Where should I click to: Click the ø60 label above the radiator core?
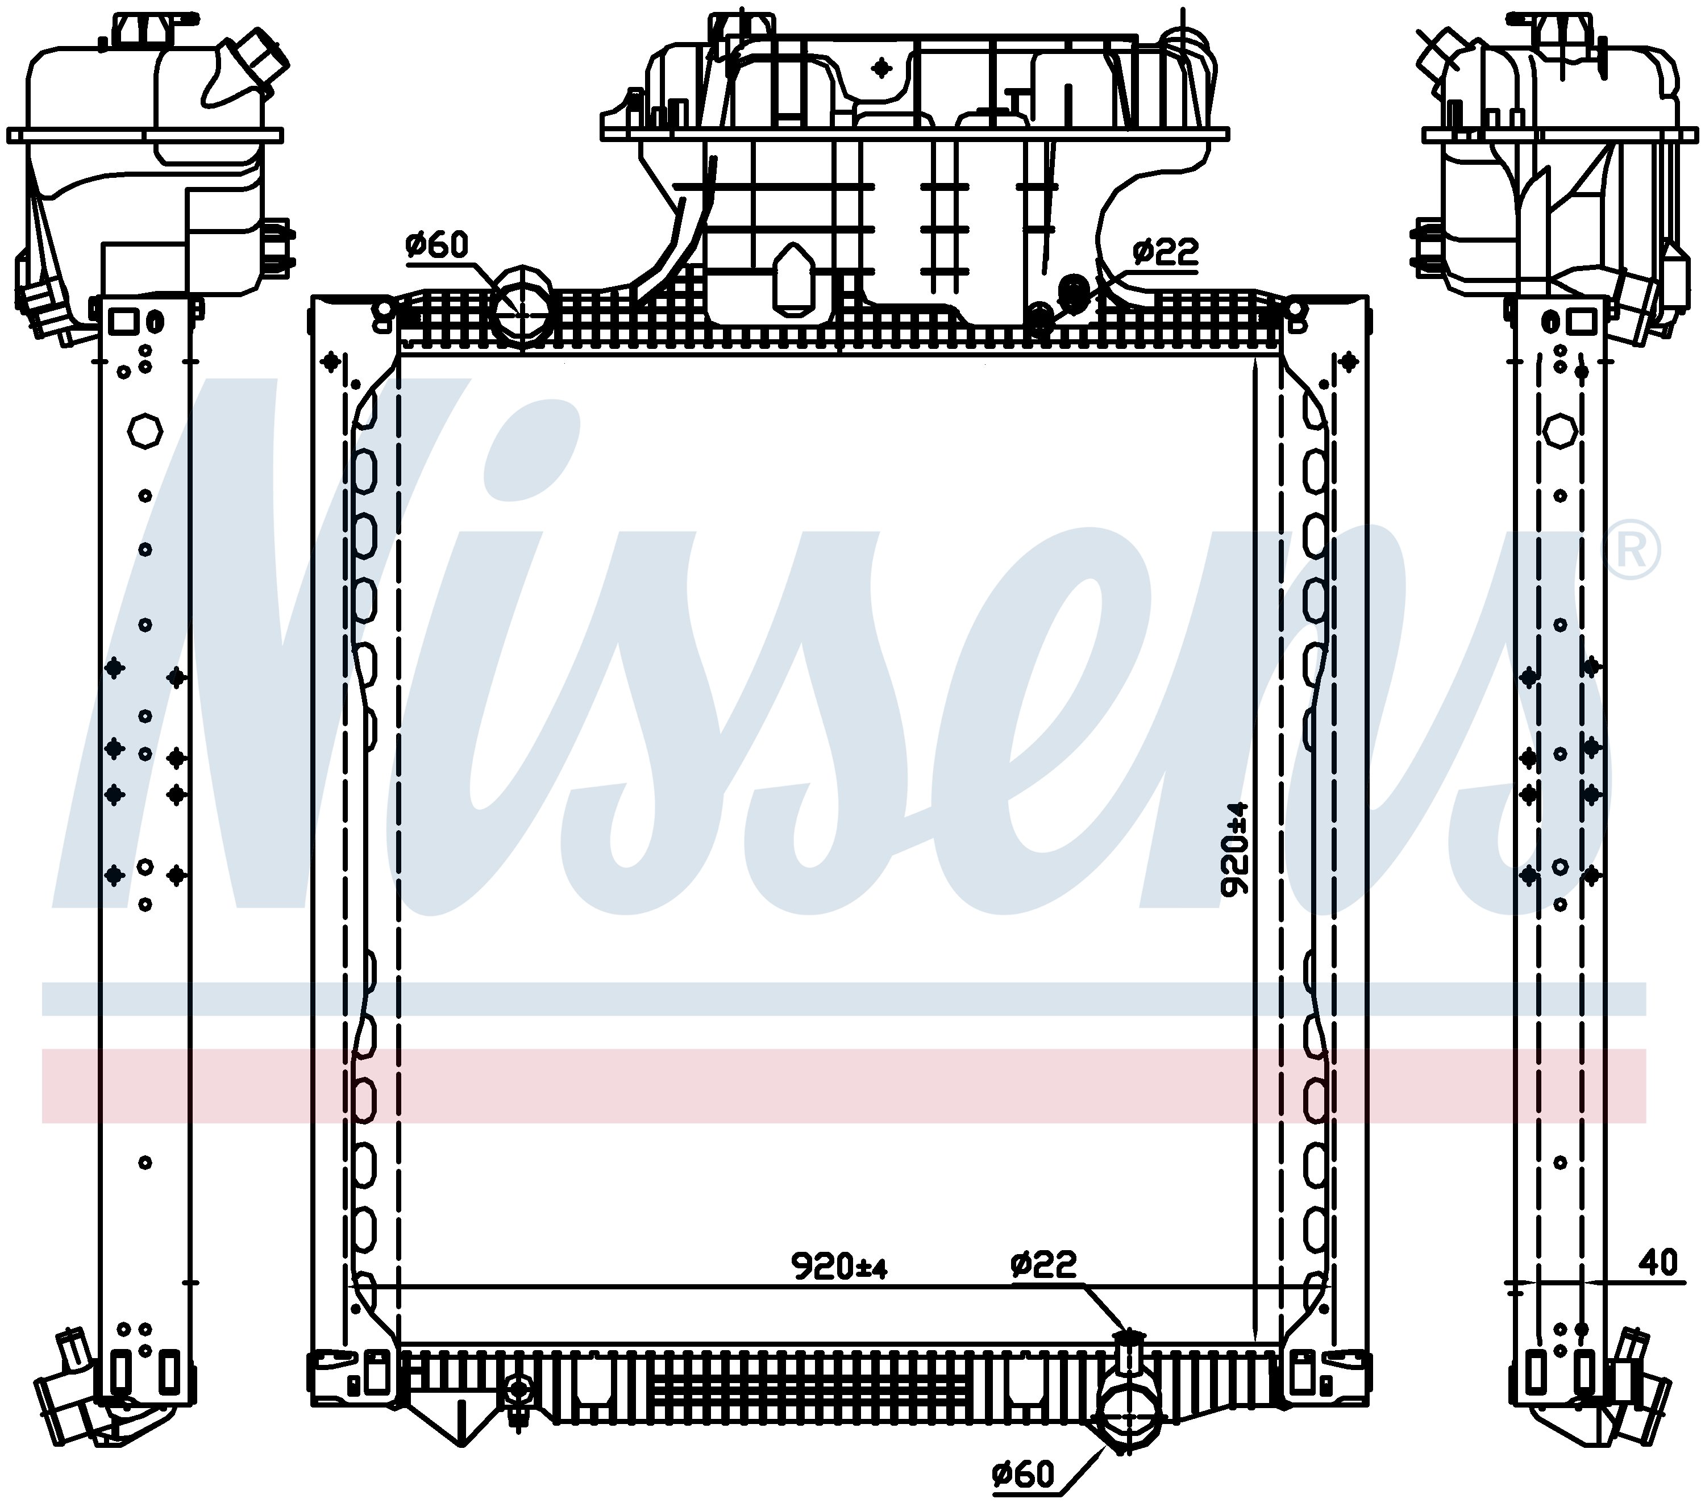tap(437, 245)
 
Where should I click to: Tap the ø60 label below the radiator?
tap(1024, 1476)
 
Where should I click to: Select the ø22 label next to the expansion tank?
tap(1165, 251)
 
